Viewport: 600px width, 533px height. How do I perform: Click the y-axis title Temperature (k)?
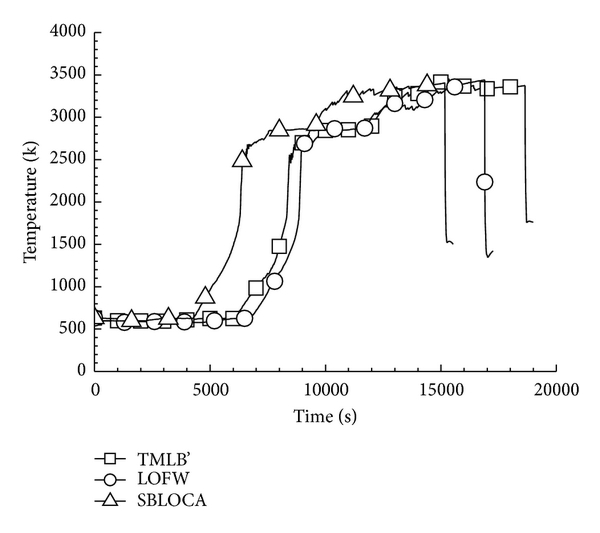(31, 201)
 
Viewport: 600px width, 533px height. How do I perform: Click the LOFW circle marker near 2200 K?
(485, 182)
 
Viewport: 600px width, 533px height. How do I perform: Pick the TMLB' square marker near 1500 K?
(279, 246)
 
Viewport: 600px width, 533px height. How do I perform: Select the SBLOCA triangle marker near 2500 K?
(241, 158)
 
